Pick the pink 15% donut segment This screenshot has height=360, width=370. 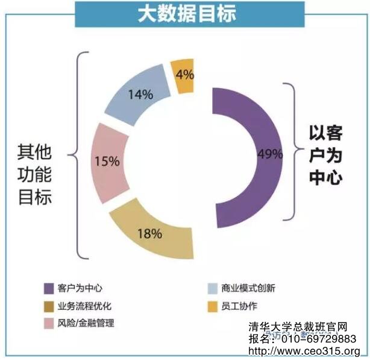(108, 163)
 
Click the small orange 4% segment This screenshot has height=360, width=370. (183, 76)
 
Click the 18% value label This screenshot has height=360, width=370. (149, 233)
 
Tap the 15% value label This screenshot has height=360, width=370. (107, 161)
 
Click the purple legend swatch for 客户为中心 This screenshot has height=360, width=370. (48, 288)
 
